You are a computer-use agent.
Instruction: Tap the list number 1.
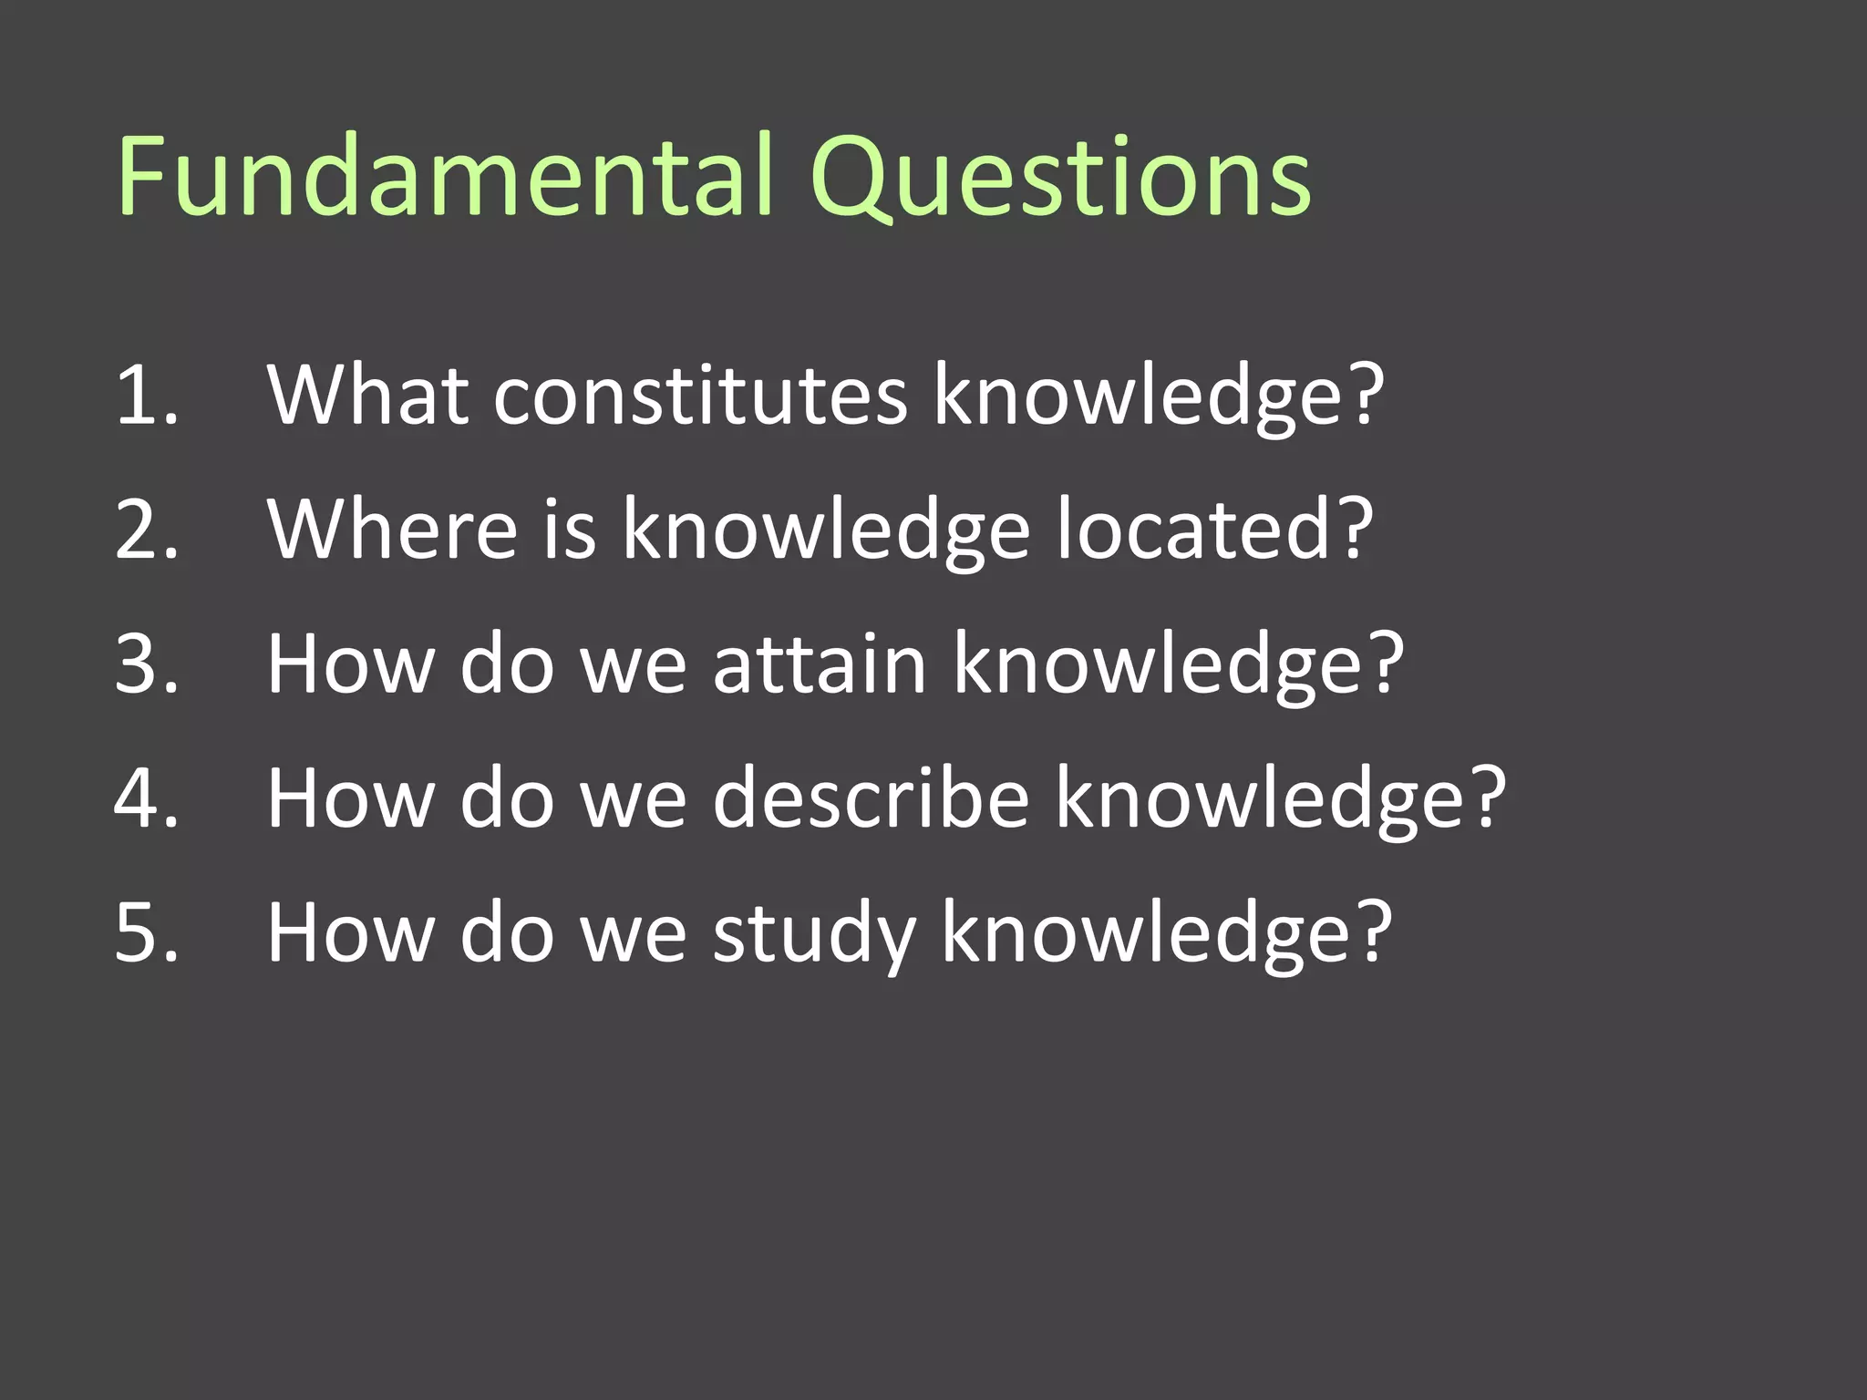point(146,396)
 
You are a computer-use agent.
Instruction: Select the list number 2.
point(146,530)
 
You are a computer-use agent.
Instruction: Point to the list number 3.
point(146,664)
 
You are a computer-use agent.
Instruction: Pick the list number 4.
point(146,798)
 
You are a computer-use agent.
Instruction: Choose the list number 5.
point(146,932)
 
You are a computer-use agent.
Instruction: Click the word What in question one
point(367,396)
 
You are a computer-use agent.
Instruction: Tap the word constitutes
point(700,396)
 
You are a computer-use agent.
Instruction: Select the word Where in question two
point(392,530)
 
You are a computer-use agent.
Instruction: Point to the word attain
point(820,664)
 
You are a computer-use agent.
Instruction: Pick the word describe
point(871,798)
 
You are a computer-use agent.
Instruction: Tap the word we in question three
point(633,664)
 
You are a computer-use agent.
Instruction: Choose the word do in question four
point(507,798)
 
